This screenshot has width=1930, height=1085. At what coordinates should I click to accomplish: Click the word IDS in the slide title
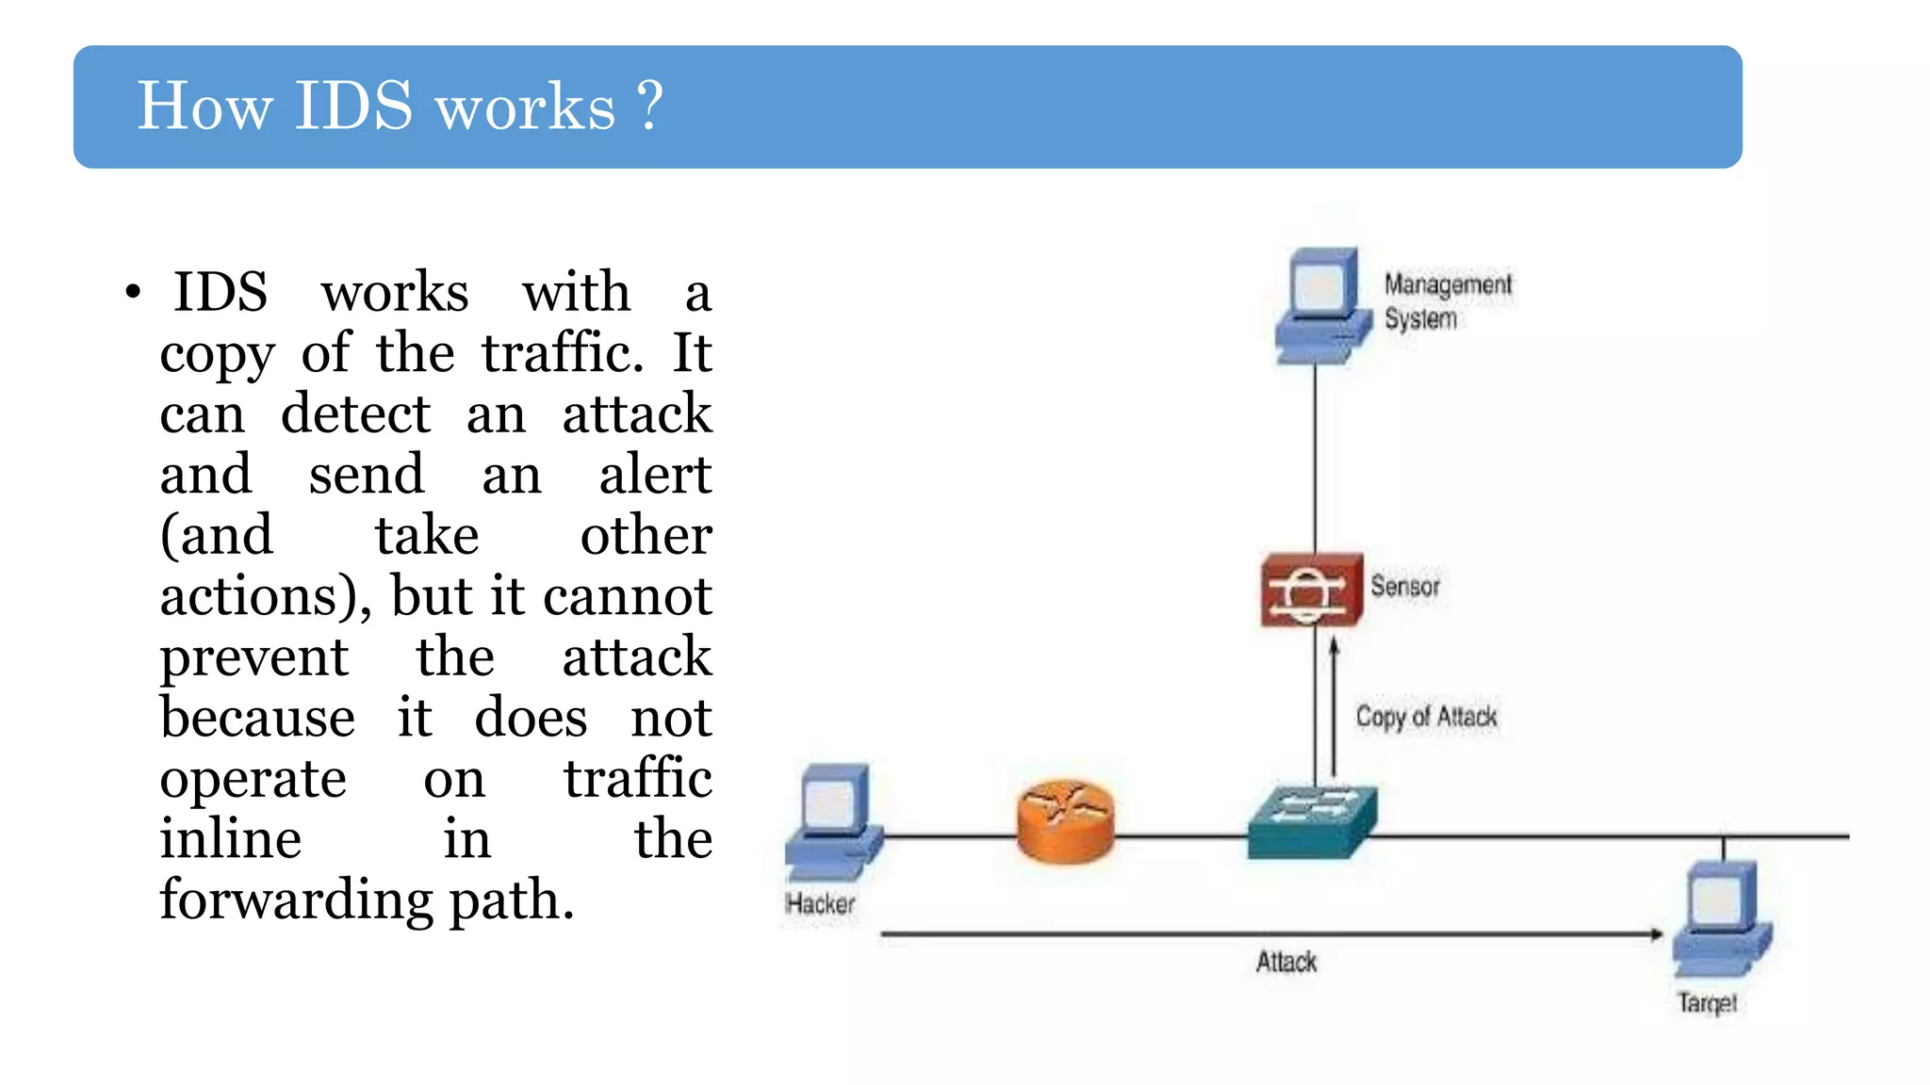[353, 105]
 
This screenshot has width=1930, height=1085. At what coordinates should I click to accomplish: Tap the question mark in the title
[650, 105]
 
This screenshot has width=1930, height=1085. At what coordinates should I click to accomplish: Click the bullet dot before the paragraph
[133, 293]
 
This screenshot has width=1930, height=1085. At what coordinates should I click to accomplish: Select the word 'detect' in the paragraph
[355, 414]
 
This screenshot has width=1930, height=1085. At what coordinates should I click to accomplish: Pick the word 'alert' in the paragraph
[654, 474]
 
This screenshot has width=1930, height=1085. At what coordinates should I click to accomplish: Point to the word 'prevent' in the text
[254, 658]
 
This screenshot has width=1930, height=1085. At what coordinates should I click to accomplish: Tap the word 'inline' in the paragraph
[230, 839]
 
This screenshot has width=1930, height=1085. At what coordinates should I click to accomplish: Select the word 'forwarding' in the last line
[296, 900]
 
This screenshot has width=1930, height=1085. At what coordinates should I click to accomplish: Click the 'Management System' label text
[1447, 301]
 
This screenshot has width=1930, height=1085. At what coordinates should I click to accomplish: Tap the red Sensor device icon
[1311, 591]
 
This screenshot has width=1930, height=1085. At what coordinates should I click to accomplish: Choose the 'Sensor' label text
[1404, 587]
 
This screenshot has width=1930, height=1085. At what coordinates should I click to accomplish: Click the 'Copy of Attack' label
[1426, 717]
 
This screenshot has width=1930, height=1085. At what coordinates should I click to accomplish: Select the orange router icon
[1066, 821]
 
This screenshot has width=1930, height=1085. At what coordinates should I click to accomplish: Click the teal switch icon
[1312, 821]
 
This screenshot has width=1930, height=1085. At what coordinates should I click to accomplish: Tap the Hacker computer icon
[834, 817]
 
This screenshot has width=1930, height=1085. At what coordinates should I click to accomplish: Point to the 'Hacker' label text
[820, 904]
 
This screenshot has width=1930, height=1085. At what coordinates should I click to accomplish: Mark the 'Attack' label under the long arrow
[1286, 962]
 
